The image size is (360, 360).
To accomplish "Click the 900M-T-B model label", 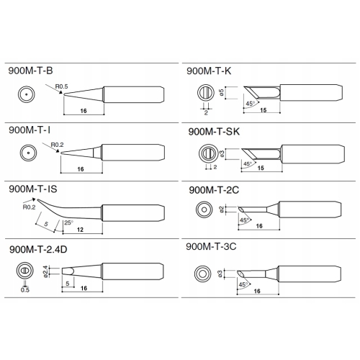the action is [30, 71].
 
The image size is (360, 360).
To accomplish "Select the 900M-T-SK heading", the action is [214, 132].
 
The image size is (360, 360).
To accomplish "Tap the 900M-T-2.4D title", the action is [38, 250].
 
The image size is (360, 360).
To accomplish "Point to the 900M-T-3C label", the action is [211, 246].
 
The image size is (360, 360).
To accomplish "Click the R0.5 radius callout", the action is [61, 86].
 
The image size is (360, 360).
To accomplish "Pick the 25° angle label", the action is [68, 222].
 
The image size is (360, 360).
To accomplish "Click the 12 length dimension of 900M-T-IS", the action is [80, 230].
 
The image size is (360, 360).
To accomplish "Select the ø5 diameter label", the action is [222, 93].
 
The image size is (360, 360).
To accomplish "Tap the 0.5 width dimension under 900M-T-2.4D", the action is [25, 290].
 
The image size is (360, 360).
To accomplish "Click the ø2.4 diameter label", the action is [45, 271].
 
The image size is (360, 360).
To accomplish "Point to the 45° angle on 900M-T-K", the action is [250, 104].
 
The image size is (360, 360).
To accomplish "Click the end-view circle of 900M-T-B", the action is [26, 94].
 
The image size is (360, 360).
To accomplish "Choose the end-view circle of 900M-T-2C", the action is [204, 210].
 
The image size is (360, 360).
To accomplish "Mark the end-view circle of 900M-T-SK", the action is [208, 153].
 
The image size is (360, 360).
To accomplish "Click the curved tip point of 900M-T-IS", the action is [37, 199].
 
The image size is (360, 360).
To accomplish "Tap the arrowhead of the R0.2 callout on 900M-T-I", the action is [57, 151].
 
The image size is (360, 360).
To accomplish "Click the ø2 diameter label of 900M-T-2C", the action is [222, 210].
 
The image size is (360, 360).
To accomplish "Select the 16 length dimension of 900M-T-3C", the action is [257, 291].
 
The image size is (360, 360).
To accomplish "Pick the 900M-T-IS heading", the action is [33, 189].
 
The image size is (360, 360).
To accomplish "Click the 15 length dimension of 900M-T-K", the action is [264, 110].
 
